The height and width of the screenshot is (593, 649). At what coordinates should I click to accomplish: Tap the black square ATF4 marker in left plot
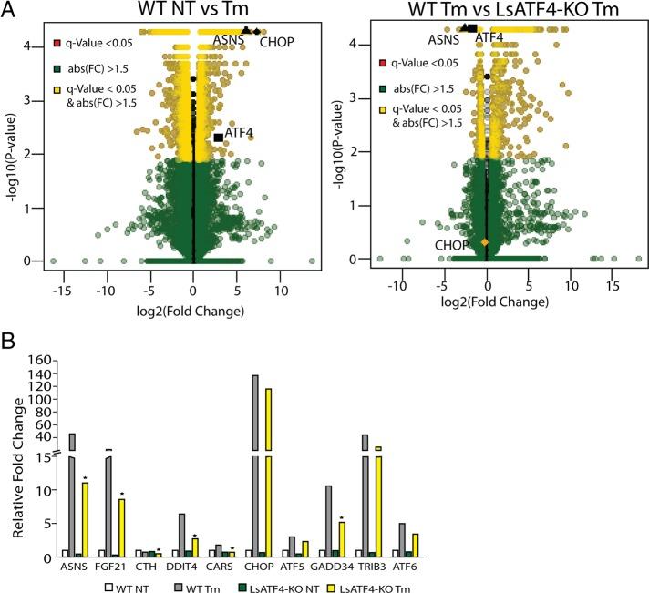[219, 137]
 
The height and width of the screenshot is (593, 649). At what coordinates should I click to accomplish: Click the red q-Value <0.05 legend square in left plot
[57, 44]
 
